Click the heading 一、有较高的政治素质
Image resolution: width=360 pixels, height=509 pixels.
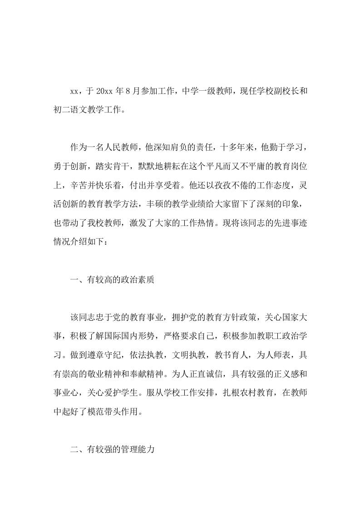pos(113,280)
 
